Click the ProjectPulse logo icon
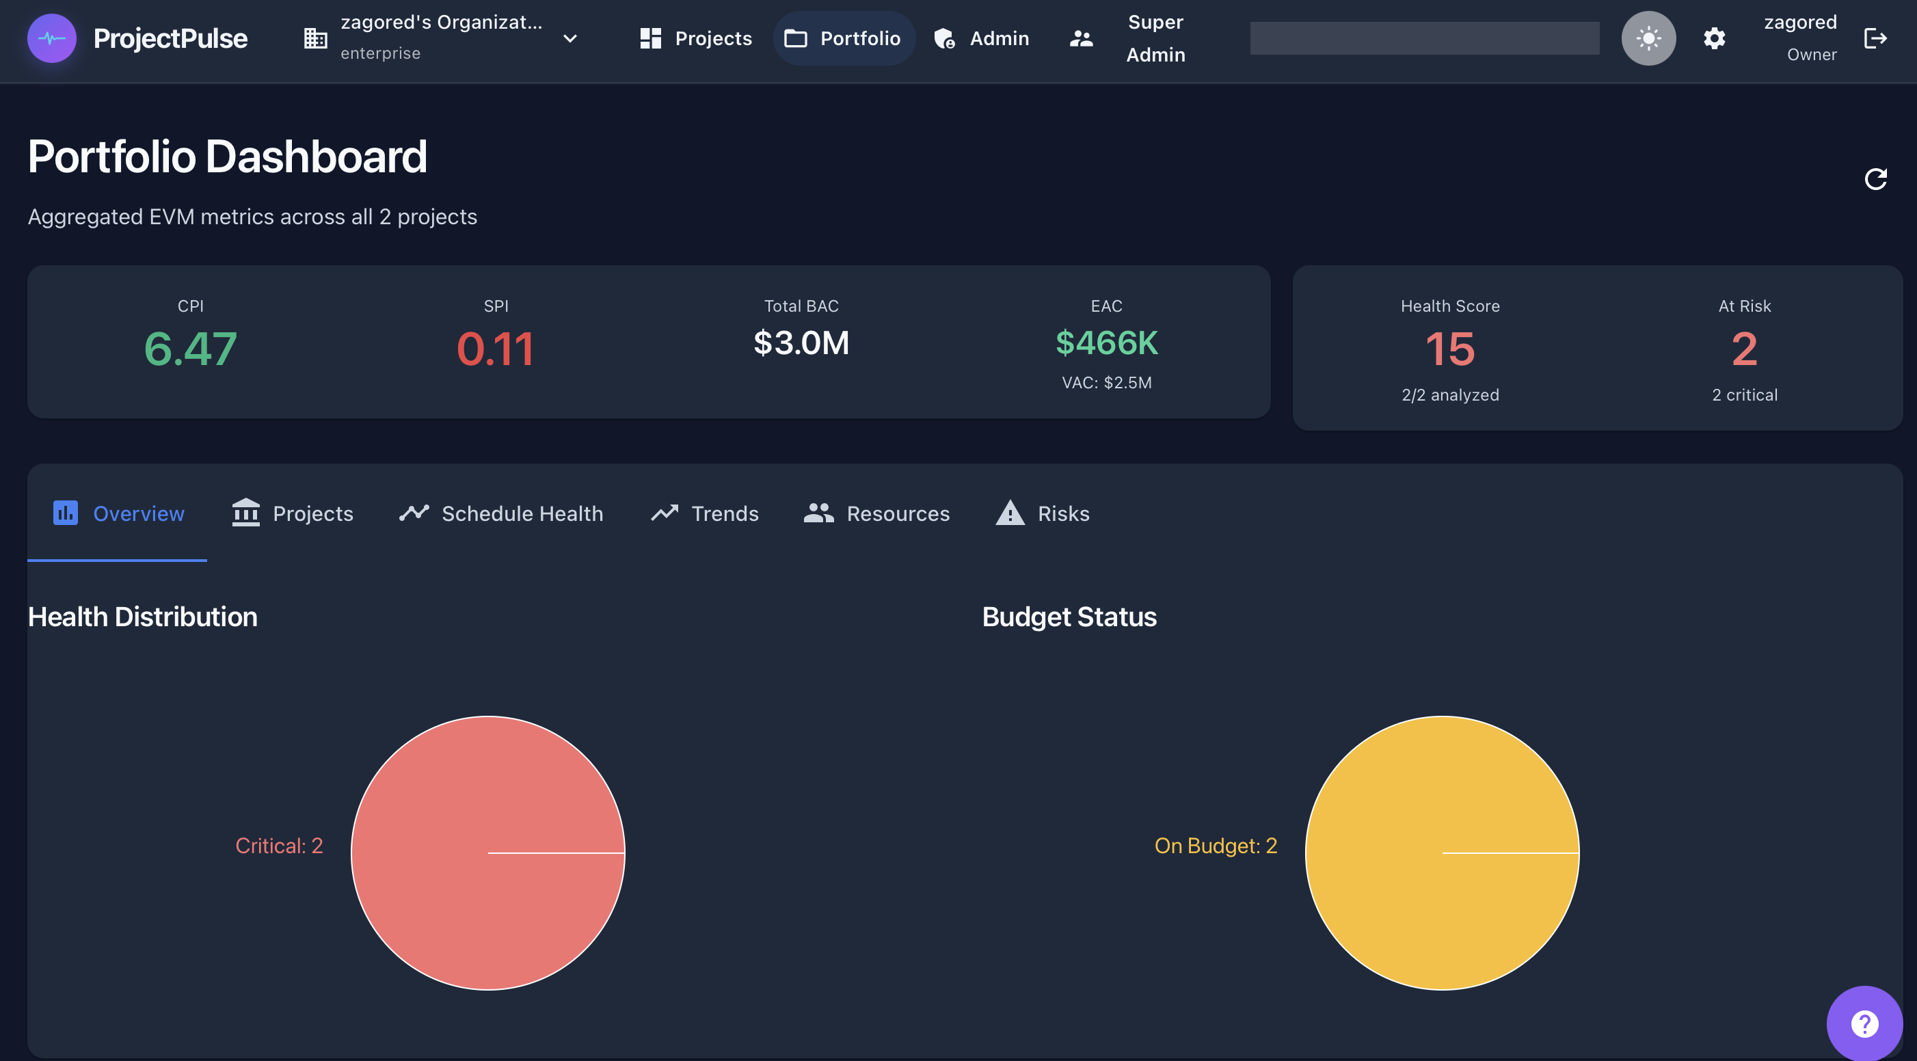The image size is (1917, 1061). (51, 38)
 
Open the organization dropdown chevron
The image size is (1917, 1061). (570, 38)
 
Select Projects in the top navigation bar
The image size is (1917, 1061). (696, 38)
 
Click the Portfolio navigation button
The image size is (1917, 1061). (843, 38)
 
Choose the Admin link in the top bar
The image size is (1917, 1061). (982, 38)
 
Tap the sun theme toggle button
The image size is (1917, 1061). (1648, 38)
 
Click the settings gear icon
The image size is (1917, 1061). (1714, 38)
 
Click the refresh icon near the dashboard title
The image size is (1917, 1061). (1875, 178)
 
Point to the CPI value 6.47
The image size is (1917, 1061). (191, 348)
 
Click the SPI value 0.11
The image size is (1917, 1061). (496, 348)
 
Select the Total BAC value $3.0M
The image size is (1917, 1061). (801, 343)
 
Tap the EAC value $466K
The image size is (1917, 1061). (1107, 343)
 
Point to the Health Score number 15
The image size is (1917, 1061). (1449, 348)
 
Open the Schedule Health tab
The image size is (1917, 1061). (501, 513)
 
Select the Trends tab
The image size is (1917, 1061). (705, 513)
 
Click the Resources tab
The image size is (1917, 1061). (876, 513)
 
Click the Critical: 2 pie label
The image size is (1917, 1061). (279, 845)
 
